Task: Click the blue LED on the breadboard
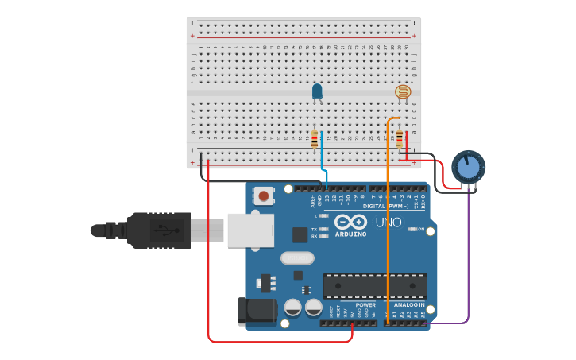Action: point(317,91)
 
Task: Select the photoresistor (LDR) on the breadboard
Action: point(403,92)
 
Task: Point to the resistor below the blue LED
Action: point(315,140)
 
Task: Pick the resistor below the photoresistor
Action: point(400,139)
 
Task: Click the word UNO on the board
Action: point(388,223)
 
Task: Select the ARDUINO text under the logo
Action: point(350,234)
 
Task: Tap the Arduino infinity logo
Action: point(350,222)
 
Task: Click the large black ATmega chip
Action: point(374,286)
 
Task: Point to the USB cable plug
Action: point(159,230)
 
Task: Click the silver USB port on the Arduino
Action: point(250,230)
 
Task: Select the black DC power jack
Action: point(257,312)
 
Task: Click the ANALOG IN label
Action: point(408,305)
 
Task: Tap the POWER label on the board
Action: point(365,305)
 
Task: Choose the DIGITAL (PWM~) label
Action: point(385,207)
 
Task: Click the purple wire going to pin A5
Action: point(468,262)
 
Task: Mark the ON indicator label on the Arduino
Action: point(420,229)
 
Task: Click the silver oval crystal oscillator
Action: point(297,257)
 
